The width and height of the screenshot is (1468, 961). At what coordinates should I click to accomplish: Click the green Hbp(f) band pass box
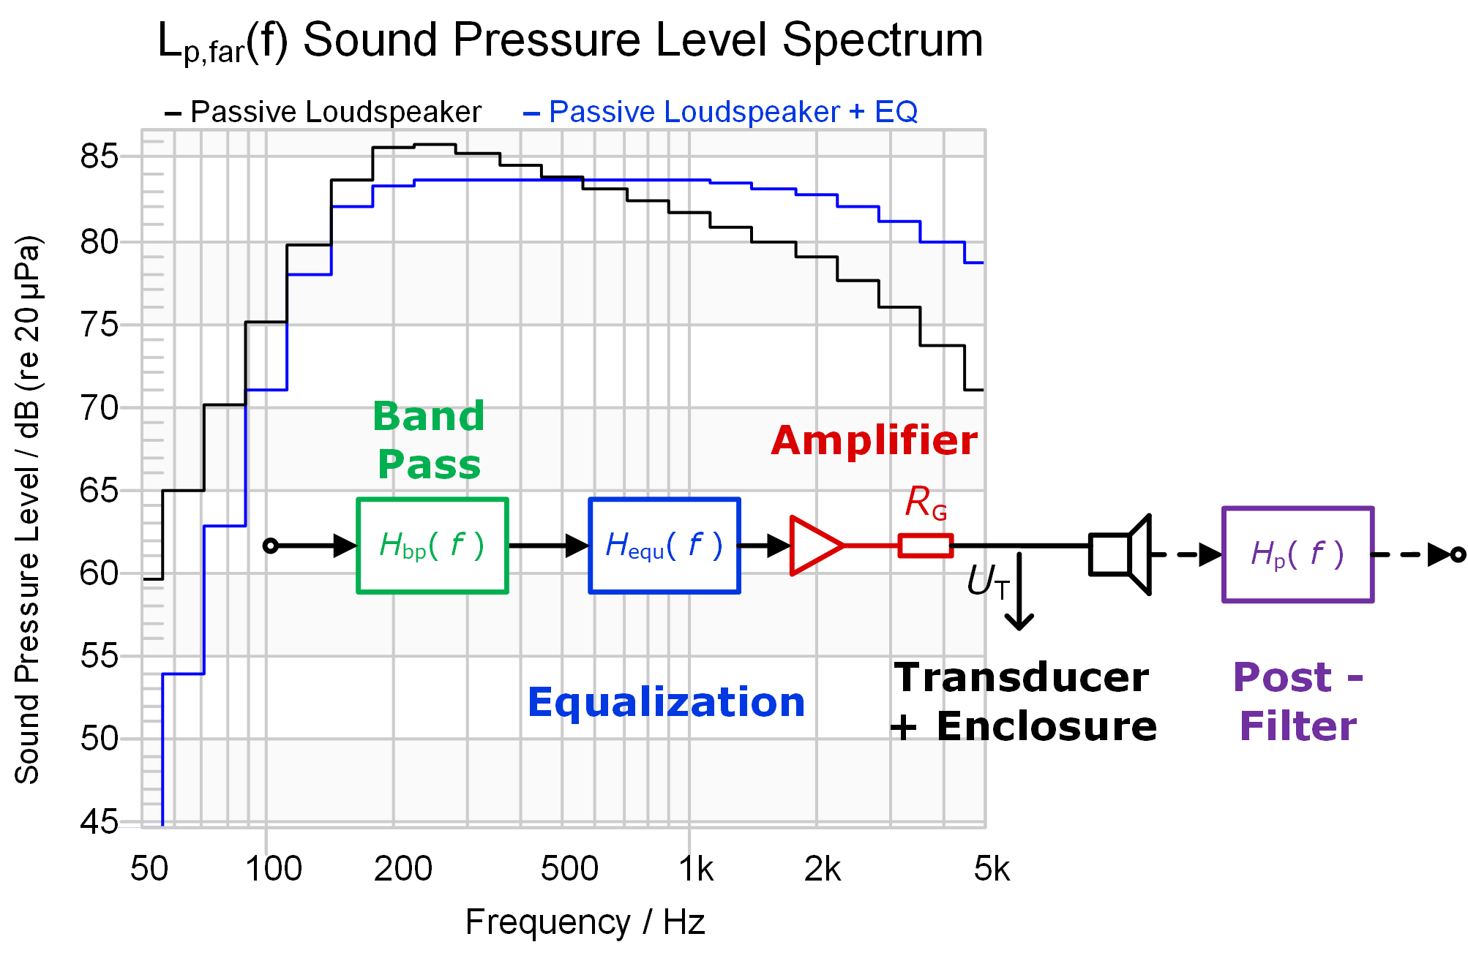pos(432,546)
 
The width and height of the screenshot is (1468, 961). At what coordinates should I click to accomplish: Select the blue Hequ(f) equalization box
pos(664,546)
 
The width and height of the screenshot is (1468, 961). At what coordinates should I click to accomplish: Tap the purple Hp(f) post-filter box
pos(1297,554)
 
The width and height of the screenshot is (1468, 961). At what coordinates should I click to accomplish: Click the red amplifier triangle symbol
pos(814,546)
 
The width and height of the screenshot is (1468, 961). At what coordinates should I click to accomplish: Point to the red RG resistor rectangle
pos(925,546)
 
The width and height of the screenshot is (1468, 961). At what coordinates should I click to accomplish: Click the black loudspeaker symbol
pos(1120,554)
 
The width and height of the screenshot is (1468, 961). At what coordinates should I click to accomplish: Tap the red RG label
pos(925,503)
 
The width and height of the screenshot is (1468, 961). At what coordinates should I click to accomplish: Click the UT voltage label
pos(987,582)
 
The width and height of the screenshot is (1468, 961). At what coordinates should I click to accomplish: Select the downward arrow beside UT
pos(1019,592)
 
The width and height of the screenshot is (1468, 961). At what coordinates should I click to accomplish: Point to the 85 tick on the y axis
pos(99,157)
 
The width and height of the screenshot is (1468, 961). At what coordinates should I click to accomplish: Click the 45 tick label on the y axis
pos(99,822)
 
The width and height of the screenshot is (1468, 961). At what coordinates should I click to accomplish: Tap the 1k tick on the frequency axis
pos(695,870)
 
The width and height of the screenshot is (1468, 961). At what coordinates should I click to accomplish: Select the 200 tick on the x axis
pos(402,870)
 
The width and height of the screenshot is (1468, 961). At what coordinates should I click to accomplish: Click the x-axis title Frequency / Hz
pos(585,922)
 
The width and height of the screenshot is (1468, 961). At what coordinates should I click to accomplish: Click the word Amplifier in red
pos(874,441)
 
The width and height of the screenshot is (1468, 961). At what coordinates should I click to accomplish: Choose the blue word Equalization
pos(666,703)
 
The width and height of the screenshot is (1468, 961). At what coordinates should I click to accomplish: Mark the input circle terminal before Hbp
pos(271,546)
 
